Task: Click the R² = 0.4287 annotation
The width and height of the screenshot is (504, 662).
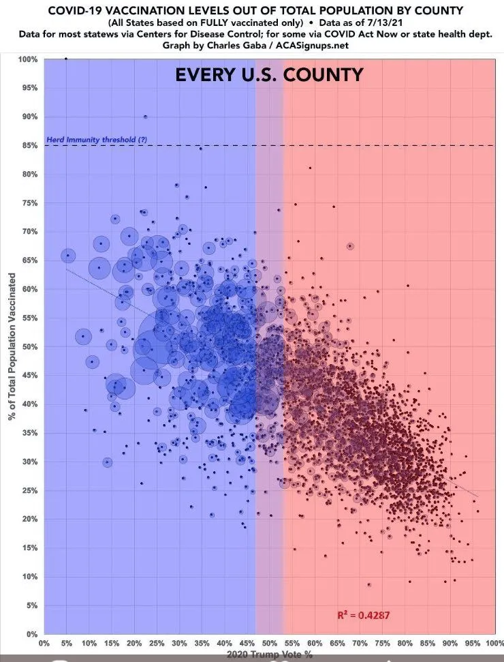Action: [x=363, y=615]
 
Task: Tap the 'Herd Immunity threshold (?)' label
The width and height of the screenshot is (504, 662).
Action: [x=96, y=140]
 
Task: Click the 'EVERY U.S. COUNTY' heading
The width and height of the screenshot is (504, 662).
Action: [x=269, y=75]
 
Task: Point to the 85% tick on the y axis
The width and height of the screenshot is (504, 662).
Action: [x=29, y=145]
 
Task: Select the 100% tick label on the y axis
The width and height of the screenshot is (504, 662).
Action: [x=27, y=59]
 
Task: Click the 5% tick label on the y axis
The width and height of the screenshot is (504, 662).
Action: [x=30, y=605]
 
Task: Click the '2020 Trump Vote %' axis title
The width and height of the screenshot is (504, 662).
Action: [x=270, y=655]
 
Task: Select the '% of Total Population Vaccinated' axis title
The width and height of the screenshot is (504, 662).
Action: [x=12, y=346]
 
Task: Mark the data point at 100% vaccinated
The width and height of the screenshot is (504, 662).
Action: [x=65, y=59]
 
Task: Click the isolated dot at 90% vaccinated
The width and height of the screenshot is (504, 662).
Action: [x=145, y=117]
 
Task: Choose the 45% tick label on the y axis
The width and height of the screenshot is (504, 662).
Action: [x=29, y=376]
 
